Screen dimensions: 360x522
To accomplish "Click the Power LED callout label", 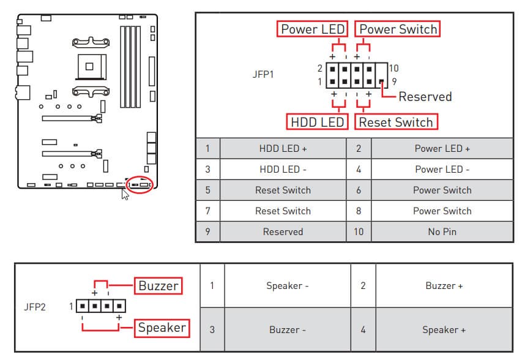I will point(313,29).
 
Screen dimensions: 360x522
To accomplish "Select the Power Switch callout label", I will point(398,29).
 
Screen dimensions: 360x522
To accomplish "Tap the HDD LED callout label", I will point(317,122).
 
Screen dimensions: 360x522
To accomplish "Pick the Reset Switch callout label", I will point(395,122).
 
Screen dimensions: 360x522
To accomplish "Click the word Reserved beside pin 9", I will point(425,97).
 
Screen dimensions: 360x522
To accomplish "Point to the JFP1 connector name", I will point(263,75).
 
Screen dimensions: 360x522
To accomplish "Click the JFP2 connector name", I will point(34,307).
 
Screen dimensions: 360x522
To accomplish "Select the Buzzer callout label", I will point(158,286).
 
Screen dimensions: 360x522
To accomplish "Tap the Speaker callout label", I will point(162,328).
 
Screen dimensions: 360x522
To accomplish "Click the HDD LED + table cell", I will point(283,148).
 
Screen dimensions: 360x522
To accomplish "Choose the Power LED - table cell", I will point(442,169).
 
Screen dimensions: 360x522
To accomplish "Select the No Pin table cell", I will point(442,231).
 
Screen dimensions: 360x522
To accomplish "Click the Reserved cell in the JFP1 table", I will point(283,231).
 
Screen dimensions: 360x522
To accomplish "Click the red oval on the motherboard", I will point(138,184).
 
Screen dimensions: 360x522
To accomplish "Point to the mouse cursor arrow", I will point(124,193).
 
